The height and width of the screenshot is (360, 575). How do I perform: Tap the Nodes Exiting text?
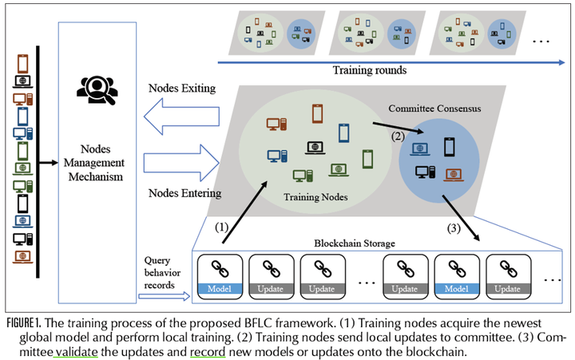click(182, 88)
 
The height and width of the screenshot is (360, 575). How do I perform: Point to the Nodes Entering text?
click(184, 193)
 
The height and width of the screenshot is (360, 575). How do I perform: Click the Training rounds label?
click(371, 70)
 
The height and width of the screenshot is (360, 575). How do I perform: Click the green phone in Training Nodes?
click(368, 159)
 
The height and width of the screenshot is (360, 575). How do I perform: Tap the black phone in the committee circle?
click(449, 147)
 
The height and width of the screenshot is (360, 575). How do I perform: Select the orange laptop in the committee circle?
click(453, 173)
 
